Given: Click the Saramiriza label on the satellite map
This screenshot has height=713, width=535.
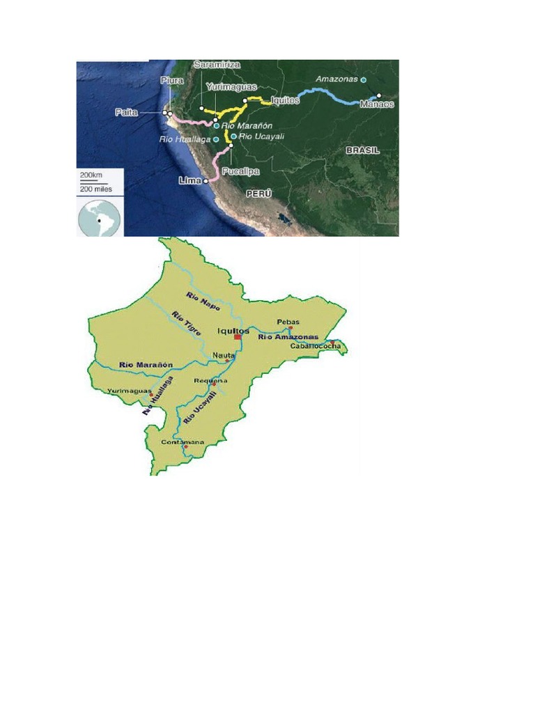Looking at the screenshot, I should click(217, 64).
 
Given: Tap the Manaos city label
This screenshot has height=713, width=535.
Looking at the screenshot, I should click(377, 104).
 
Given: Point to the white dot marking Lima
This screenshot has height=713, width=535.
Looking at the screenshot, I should click(206, 180).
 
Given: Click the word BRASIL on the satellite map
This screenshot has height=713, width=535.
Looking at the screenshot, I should click(362, 150).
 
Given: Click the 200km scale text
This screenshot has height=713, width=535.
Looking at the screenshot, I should click(91, 174).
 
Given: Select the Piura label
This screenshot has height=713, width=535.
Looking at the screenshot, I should click(172, 81).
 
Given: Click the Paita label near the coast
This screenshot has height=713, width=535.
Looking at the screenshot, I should click(127, 112).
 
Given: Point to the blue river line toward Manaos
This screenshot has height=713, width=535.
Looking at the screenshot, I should click(327, 93).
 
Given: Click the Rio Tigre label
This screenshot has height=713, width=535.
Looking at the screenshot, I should click(186, 323).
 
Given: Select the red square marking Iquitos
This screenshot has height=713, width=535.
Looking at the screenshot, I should click(238, 336).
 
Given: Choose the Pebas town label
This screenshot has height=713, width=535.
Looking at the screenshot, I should click(288, 322).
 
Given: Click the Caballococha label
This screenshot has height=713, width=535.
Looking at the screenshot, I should click(315, 346).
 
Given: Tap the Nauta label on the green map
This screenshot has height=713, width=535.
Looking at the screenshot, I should click(223, 355).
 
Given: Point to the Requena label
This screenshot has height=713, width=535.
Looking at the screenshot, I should click(211, 381).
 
